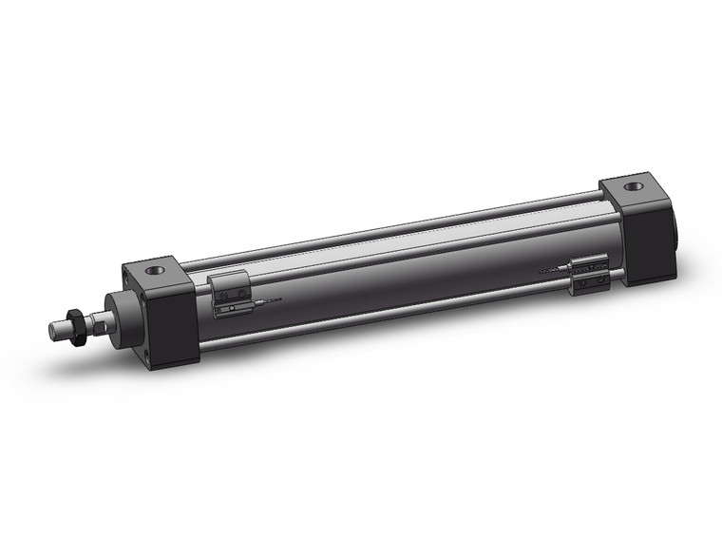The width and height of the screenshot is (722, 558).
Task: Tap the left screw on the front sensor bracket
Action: click(221, 308)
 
